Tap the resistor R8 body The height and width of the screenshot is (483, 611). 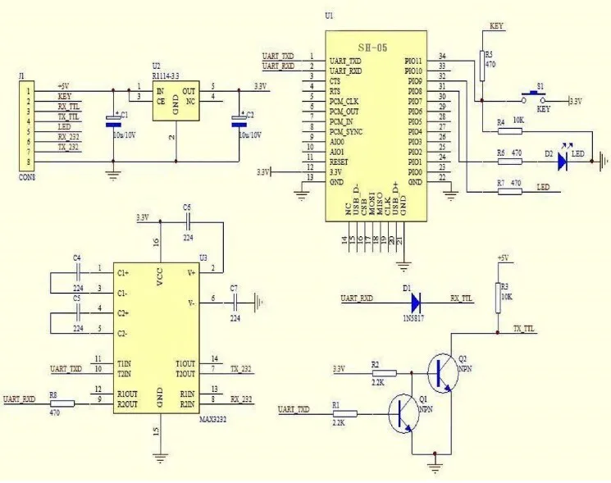point(62,403)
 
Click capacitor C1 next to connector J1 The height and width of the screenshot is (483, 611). point(113,121)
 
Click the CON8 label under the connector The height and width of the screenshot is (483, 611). point(27,175)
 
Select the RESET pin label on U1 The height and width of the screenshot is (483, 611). point(339,162)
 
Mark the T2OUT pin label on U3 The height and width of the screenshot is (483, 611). point(185,373)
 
